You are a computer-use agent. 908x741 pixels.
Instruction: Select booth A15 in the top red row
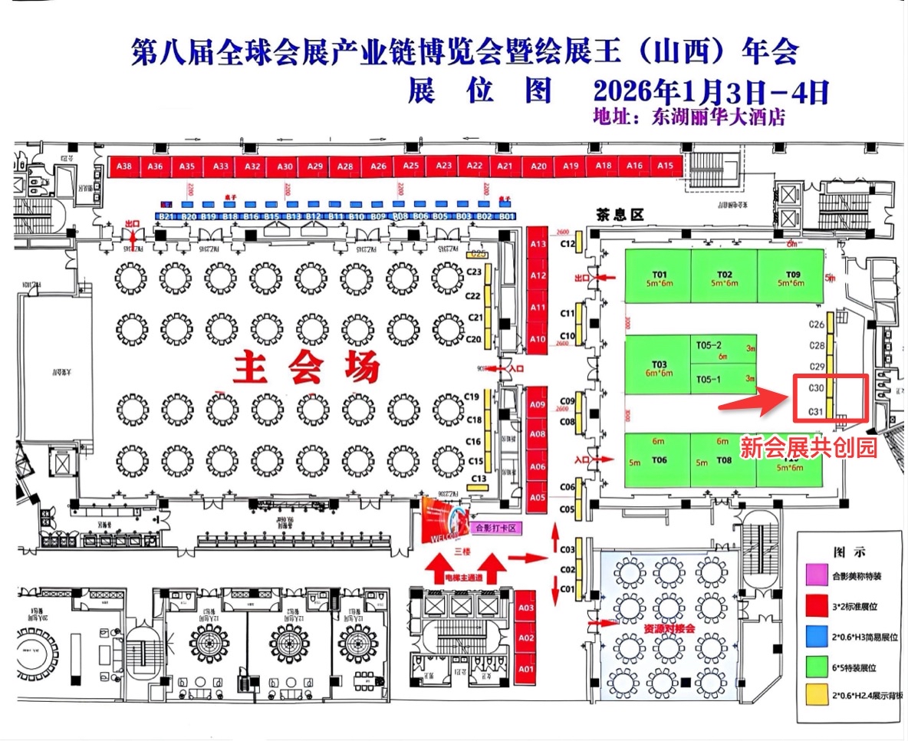click(665, 166)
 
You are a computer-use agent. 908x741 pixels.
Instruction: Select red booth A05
click(538, 497)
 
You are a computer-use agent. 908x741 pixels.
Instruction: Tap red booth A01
click(525, 669)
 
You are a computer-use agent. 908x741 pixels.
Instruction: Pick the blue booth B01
click(506, 217)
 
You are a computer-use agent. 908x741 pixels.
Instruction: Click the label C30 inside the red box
click(816, 389)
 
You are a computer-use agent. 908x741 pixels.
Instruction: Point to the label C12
click(568, 244)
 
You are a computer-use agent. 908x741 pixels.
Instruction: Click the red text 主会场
click(306, 368)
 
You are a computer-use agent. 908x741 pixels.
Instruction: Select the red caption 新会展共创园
click(808, 448)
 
